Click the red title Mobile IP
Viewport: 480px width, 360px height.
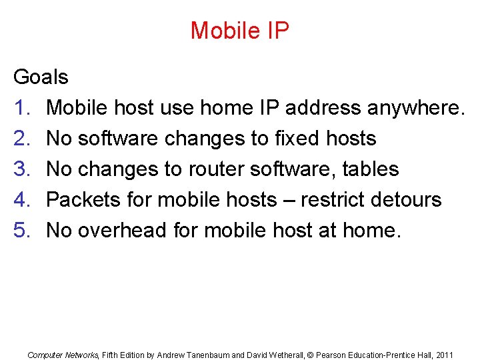239,31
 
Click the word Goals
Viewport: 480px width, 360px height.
41,77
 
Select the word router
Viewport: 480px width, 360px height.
213,169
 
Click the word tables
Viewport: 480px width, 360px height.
370,169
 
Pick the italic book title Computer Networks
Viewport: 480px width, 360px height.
63,355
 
